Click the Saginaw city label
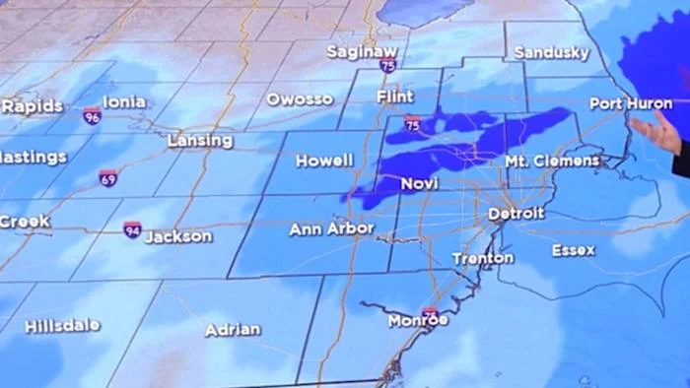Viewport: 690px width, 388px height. pyautogui.click(x=362, y=50)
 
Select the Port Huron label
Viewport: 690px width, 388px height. pyautogui.click(x=631, y=103)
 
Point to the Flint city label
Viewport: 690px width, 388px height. pyautogui.click(x=394, y=97)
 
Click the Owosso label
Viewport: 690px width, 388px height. pyautogui.click(x=300, y=98)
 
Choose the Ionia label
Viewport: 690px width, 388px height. pyautogui.click(x=124, y=101)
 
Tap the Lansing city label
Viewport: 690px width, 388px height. pyautogui.click(x=200, y=141)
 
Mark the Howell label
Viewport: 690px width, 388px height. pyautogui.click(x=324, y=161)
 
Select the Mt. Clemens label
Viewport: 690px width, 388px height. pyautogui.click(x=552, y=161)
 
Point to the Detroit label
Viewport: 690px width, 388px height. pyautogui.click(x=517, y=213)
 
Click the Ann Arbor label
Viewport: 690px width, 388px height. pyautogui.click(x=331, y=228)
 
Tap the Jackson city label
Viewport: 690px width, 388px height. pyautogui.click(x=178, y=236)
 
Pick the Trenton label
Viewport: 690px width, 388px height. pyautogui.click(x=483, y=258)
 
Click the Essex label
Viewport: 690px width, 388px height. pyautogui.click(x=574, y=250)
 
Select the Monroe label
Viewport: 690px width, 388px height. pyautogui.click(x=418, y=320)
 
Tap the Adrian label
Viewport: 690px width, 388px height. pyautogui.click(x=233, y=330)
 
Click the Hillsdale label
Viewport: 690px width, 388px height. pyautogui.click(x=62, y=325)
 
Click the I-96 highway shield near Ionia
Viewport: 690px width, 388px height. pyautogui.click(x=92, y=116)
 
